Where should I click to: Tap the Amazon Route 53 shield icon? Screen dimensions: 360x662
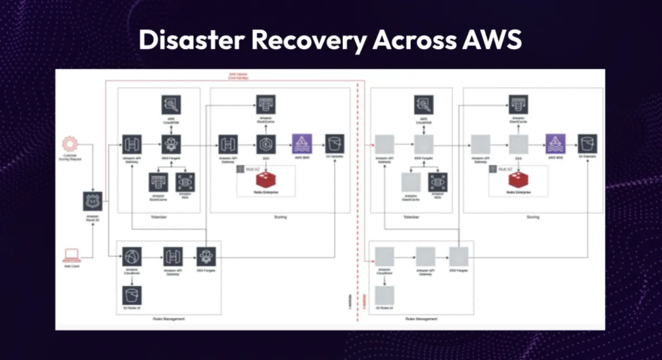tap(93, 201)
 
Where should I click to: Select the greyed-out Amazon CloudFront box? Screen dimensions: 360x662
tap(384, 257)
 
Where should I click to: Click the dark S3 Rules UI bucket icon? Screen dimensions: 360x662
tap(132, 296)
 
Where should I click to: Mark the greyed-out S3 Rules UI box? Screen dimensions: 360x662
tap(384, 295)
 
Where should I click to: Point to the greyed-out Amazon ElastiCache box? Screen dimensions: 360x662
tap(411, 183)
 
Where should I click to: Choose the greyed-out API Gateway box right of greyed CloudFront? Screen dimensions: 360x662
tap(425, 257)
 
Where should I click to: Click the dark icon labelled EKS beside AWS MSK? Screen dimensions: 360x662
tap(266, 145)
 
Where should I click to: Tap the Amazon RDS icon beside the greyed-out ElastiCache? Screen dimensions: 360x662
tap(438, 183)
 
